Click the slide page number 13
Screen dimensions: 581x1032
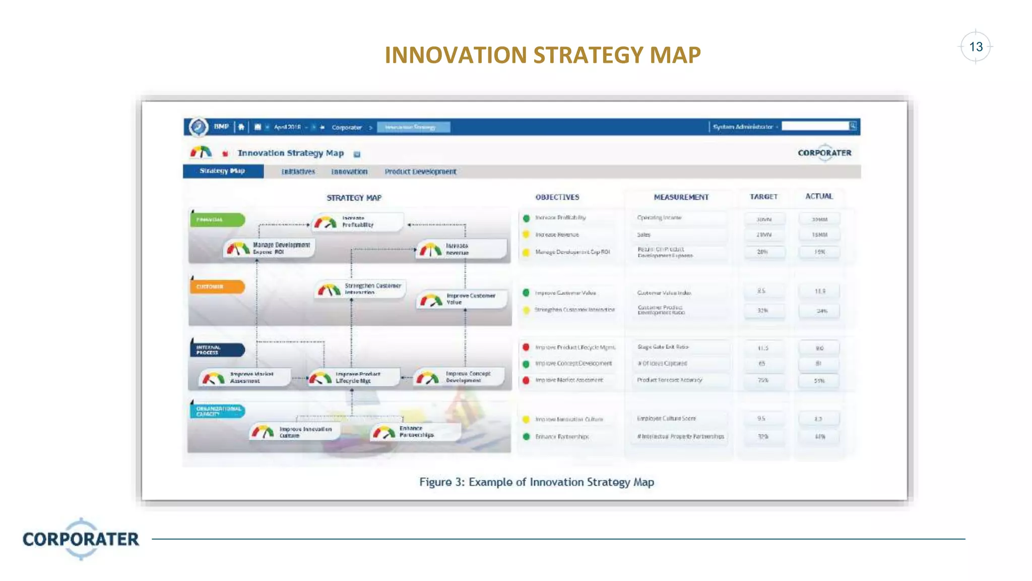(x=976, y=47)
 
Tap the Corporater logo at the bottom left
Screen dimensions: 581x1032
(x=81, y=539)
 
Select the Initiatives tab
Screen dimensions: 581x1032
(x=298, y=171)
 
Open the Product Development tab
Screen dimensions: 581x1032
(x=420, y=171)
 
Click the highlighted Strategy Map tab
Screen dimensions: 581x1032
(x=222, y=171)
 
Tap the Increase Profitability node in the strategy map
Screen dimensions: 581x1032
(x=357, y=222)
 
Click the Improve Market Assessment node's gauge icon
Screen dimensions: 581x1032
(x=213, y=378)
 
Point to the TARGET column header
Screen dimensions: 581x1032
(x=763, y=197)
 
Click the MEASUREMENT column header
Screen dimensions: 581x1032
(x=681, y=197)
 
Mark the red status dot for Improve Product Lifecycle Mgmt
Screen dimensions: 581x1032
(x=526, y=347)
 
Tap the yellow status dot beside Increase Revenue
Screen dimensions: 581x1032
(x=526, y=235)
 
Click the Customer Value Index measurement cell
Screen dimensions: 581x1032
(x=664, y=293)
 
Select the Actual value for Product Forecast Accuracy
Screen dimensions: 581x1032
(x=819, y=381)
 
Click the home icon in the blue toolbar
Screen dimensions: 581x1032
(x=241, y=127)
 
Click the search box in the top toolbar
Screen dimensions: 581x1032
(x=815, y=126)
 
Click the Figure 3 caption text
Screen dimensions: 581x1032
(x=537, y=482)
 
